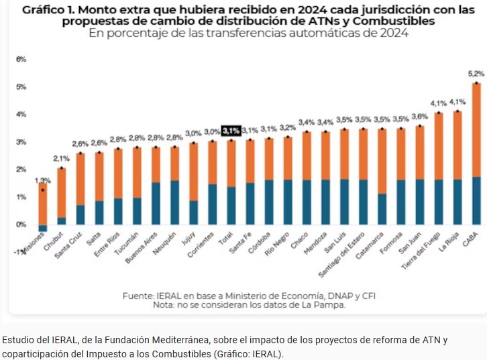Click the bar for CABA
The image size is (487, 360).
pos(476,154)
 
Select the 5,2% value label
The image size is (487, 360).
pos(476,73)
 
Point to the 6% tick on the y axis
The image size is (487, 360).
pos(21,60)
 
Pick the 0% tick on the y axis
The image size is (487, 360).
pos(21,225)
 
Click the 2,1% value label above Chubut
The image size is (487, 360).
pos(61,158)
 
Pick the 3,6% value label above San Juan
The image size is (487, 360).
pos(419,116)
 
